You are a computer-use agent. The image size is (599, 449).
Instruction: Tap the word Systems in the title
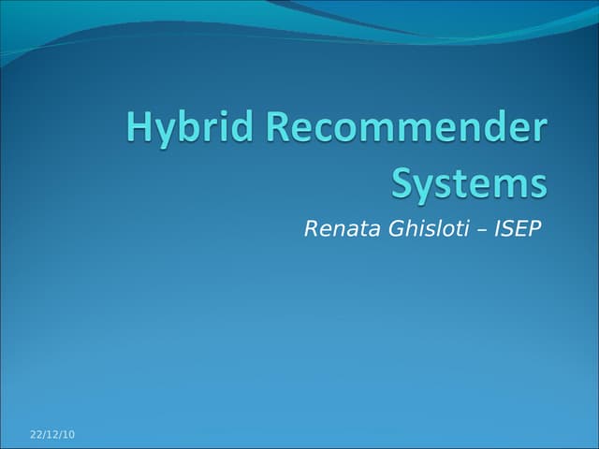(468, 182)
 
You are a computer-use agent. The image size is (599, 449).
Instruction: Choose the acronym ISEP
(518, 228)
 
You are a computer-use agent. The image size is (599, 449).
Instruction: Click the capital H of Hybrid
(139, 129)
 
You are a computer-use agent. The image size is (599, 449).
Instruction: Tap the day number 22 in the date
(36, 435)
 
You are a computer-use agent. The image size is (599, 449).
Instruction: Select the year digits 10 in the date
(68, 435)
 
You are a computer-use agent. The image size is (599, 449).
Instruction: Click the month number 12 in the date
(52, 435)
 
